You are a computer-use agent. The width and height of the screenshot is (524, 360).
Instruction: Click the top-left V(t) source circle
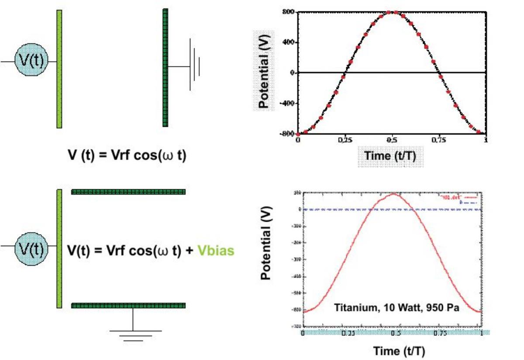pos(30,62)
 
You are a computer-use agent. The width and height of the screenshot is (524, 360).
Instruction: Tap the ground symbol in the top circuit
pos(194,65)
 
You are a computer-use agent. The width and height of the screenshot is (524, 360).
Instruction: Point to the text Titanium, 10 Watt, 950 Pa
pos(396,308)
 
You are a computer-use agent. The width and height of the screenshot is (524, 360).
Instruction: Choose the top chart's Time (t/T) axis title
pos(390,155)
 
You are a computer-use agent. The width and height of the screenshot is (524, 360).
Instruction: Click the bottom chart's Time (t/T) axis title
pos(399,350)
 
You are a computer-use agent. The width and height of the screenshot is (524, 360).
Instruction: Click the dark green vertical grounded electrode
pos(165,68)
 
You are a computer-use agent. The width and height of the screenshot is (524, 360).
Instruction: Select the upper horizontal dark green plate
pos(128,192)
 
